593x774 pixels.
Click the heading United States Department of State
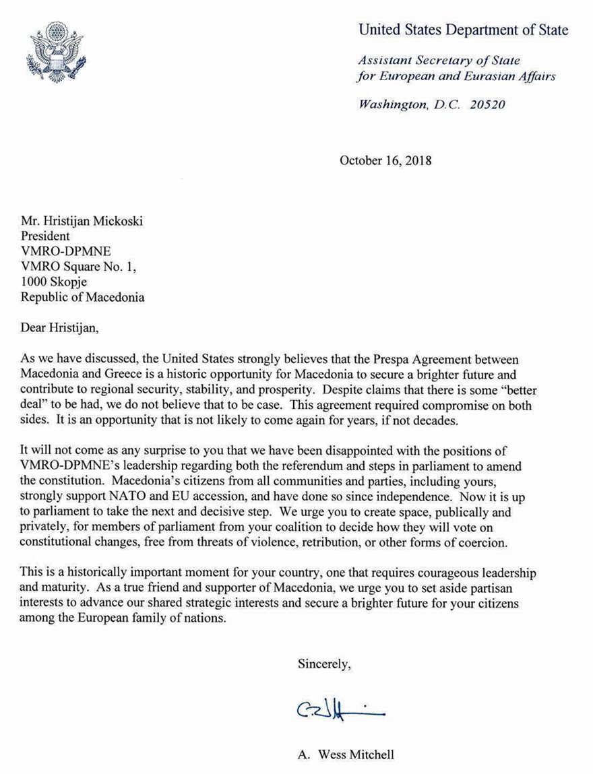[463, 30]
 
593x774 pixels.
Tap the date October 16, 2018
[385, 161]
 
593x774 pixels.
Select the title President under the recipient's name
[45, 236]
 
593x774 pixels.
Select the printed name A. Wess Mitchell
[346, 755]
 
